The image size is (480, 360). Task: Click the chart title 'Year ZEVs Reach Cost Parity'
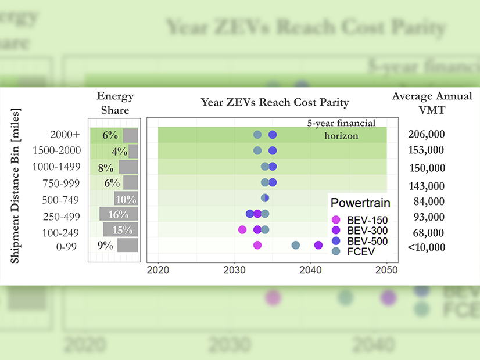pos(275,102)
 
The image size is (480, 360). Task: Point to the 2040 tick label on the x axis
pos(311,270)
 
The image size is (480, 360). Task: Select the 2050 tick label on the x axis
pos(387,270)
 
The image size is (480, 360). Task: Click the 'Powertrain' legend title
pos(360,203)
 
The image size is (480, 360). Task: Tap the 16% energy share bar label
pos(119,214)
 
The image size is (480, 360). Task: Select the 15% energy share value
pos(122,229)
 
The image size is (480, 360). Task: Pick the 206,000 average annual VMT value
pos(427,135)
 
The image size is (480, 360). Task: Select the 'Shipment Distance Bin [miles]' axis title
pos(16,185)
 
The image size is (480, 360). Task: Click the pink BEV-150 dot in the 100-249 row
pos(242,229)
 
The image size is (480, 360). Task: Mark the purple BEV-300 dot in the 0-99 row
pos(318,245)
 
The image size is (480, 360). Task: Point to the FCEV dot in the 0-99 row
pos(295,245)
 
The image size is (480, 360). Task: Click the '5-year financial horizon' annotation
pos(342,129)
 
